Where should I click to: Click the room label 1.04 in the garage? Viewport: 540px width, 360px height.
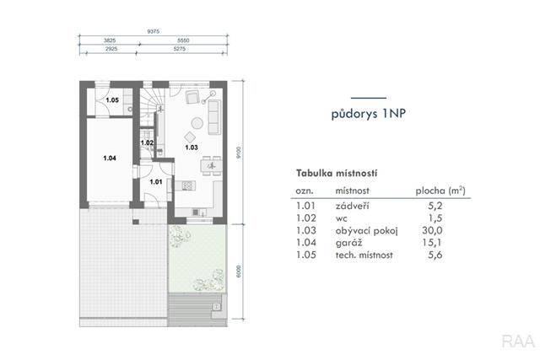[x=110, y=158]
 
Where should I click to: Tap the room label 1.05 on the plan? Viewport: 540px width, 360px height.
[x=112, y=100]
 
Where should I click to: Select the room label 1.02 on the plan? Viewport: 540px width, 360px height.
[x=147, y=142]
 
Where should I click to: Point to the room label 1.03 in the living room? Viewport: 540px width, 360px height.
[x=192, y=148]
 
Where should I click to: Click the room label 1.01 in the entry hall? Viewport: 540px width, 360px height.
[x=156, y=181]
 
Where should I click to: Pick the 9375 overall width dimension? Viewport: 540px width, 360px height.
[x=154, y=31]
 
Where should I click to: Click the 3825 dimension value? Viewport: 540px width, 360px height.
[x=110, y=40]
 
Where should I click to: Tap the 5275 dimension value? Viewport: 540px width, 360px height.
[x=180, y=49]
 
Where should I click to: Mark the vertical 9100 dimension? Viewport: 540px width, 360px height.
[x=239, y=153]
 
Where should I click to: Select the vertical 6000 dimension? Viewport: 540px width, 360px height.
[x=239, y=271]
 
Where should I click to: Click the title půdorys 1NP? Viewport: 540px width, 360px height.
[x=369, y=113]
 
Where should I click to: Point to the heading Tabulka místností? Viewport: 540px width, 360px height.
[x=337, y=173]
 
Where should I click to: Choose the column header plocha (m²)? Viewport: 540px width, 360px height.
[x=440, y=191]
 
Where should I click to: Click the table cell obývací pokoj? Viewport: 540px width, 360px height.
[x=366, y=231]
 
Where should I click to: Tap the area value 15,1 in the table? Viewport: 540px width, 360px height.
[x=432, y=243]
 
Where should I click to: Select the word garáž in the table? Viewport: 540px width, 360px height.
[x=348, y=243]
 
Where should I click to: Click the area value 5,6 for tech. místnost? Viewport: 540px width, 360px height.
[x=435, y=255]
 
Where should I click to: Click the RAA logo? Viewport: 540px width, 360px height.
[x=518, y=341]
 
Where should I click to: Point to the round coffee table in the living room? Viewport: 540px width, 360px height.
[x=197, y=123]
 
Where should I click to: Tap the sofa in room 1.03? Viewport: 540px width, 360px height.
[x=214, y=117]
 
